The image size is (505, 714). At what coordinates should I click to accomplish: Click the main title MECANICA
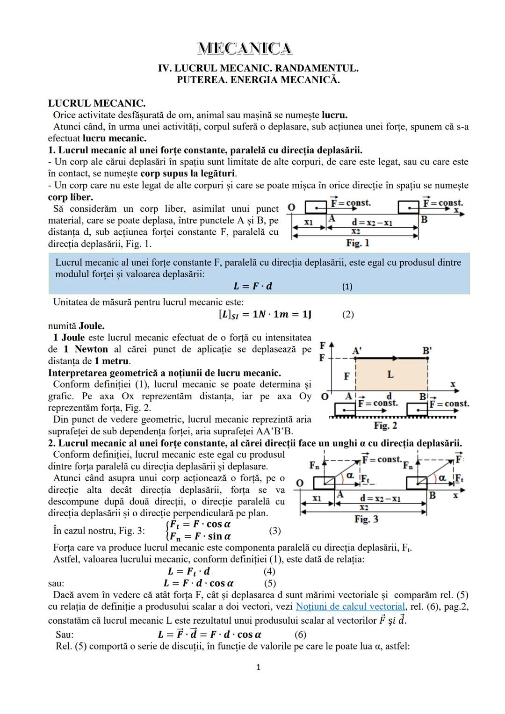245,48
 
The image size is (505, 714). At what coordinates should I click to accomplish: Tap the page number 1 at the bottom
258,667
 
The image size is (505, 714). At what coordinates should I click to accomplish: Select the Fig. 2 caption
385,426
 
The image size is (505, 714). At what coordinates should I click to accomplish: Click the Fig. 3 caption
366,519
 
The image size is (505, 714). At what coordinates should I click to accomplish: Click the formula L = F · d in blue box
252,286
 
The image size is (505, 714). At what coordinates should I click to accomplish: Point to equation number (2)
347,314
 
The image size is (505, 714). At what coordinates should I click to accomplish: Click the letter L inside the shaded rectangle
390,375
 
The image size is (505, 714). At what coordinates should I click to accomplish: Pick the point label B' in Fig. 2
427,351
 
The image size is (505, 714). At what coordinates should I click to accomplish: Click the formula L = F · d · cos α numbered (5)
199,583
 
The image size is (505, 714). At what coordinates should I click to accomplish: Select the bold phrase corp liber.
70,197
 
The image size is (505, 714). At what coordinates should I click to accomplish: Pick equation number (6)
300,635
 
